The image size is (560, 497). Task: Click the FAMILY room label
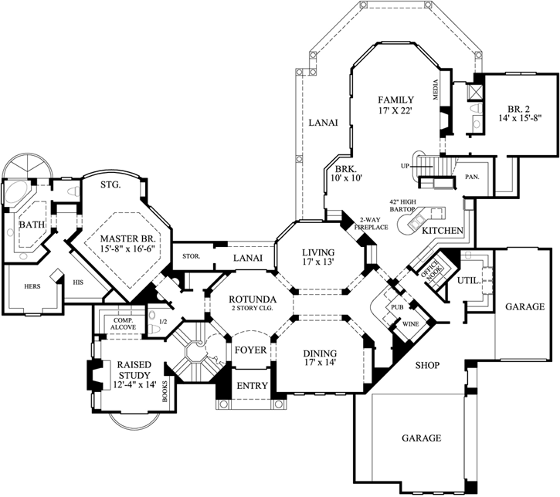pos(395,100)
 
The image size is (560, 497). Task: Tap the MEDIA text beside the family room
pos(437,92)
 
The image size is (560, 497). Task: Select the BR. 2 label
pos(516,108)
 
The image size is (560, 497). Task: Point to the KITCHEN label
pos(443,231)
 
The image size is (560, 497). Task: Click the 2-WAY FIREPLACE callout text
pos(361,223)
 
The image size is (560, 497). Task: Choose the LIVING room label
pos(317,252)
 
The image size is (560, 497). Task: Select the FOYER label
pos(250,350)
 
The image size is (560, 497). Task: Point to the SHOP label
pos(428,366)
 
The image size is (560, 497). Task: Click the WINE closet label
pos(410,324)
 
